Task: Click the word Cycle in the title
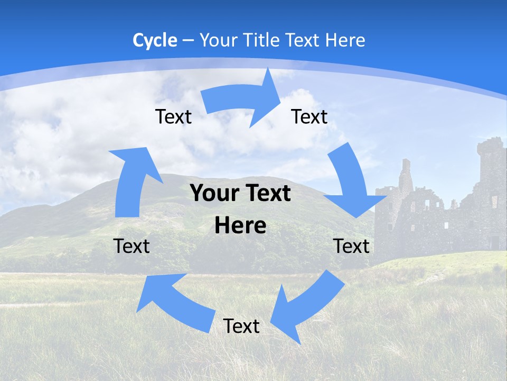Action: [x=155, y=40]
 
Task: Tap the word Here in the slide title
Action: [x=345, y=40]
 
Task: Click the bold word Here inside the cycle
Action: [x=240, y=226]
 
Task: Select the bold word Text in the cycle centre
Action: [x=267, y=193]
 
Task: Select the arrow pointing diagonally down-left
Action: [x=306, y=307]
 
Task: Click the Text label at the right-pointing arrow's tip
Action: [x=309, y=116]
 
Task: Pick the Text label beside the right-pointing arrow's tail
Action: [x=173, y=116]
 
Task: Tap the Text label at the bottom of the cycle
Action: [x=241, y=326]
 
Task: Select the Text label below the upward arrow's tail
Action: [x=132, y=246]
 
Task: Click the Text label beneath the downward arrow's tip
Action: [x=351, y=246]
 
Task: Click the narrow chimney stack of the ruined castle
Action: [x=405, y=175]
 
